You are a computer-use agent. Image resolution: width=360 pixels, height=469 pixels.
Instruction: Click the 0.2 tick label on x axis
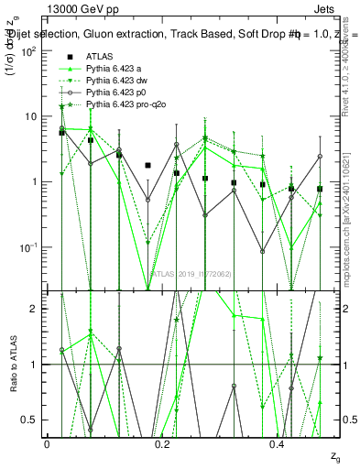point(163,443)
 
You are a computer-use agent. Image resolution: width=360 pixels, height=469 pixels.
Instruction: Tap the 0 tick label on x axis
point(47,443)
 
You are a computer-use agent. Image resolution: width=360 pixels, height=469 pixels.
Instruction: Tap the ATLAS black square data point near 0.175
point(147,166)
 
